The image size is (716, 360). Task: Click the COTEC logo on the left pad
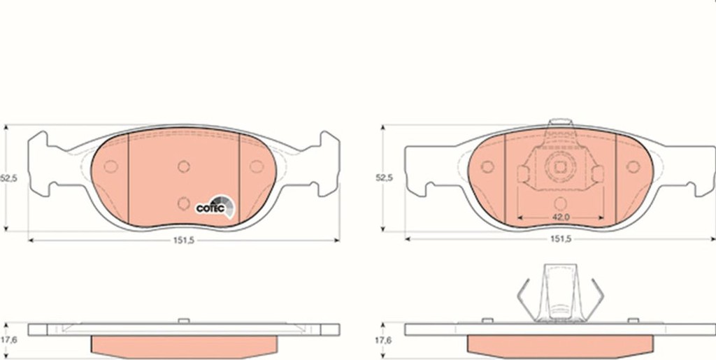pyautogui.click(x=215, y=207)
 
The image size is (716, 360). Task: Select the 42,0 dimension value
pyautogui.click(x=560, y=217)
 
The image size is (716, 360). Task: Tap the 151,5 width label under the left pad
pyautogui.click(x=184, y=240)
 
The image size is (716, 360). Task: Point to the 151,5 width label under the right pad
pyautogui.click(x=560, y=239)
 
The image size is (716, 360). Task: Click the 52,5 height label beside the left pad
pyautogui.click(x=8, y=179)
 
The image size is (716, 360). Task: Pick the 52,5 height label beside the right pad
pyautogui.click(x=384, y=178)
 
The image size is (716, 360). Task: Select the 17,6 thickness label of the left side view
pyautogui.click(x=8, y=340)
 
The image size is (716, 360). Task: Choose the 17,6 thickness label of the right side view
pyautogui.click(x=384, y=340)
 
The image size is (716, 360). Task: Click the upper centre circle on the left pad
pyautogui.click(x=184, y=166)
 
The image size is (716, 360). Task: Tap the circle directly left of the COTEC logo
pyautogui.click(x=184, y=203)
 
